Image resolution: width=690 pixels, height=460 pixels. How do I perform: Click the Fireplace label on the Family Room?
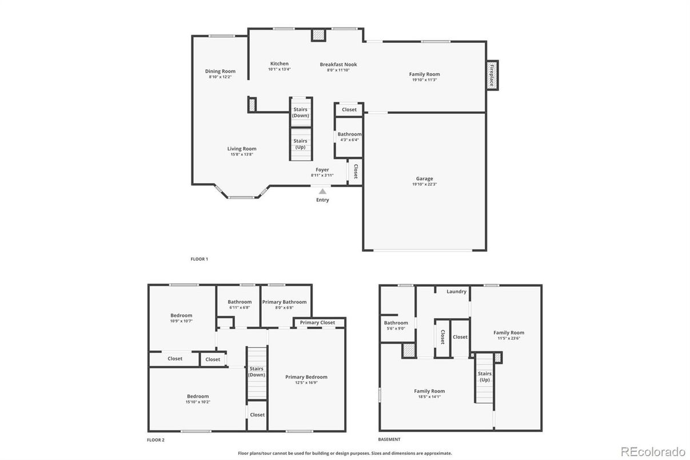pos(492,75)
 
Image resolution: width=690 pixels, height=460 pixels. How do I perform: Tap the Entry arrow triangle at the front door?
pos(322,192)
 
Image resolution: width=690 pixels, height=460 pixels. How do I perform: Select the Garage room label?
pos(425,179)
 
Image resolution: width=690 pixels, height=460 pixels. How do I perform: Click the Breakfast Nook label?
pos(338,65)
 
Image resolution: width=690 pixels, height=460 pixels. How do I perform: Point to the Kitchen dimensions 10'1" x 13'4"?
pos(280,69)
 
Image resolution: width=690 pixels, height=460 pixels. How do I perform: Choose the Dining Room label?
pos(220,71)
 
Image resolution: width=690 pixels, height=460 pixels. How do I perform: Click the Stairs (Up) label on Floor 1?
pos(300,144)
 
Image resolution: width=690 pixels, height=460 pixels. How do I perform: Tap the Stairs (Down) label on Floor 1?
pos(300,113)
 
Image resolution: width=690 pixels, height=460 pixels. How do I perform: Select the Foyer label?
pos(322,170)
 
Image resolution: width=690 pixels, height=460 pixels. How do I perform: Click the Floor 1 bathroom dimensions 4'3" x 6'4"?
pos(349,140)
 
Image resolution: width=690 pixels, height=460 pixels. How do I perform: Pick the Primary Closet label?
pos(317,323)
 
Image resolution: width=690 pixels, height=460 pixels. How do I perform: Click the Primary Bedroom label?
pos(306,377)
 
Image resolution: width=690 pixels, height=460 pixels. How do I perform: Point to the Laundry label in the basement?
pos(456,291)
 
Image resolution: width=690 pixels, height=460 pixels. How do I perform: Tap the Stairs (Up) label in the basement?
pos(485,377)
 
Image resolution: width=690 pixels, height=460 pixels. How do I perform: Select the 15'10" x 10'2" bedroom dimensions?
pos(198,402)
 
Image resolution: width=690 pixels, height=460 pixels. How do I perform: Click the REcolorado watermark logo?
pos(653,452)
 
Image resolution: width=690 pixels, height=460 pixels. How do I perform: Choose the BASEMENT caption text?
pos(389,439)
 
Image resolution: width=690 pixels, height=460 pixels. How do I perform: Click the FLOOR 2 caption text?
pos(155,440)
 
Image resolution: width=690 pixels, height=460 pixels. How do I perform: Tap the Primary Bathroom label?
pos(284,302)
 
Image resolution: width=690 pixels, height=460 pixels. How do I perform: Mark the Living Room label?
pos(242,149)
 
